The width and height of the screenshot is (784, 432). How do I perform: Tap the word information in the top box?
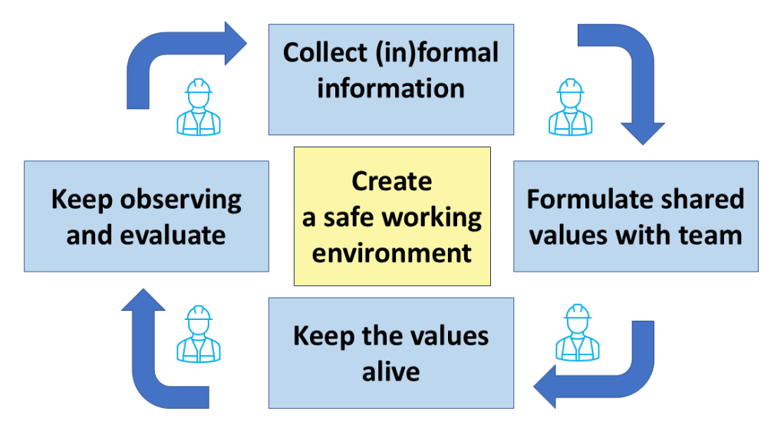(390, 87)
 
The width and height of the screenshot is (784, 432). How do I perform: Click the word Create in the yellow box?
(391, 182)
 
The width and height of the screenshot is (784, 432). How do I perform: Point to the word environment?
(391, 252)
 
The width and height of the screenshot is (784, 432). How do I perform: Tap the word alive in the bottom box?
(390, 371)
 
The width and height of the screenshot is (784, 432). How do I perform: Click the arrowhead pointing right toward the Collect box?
(235, 44)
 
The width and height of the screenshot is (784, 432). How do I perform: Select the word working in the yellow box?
(436, 217)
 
